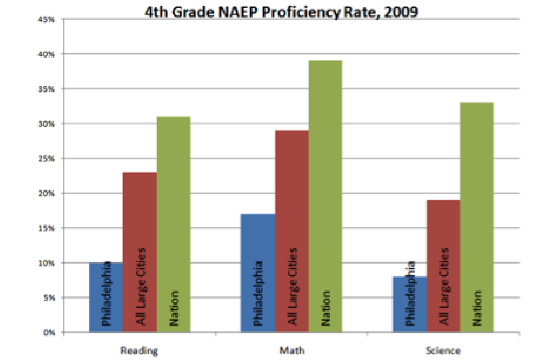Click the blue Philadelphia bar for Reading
pos(106,297)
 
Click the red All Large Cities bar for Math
pos(292,231)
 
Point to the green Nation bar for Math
pos(325,196)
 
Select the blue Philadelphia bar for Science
pos(409,304)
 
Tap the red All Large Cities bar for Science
pos(444,266)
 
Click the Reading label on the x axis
pos(140,350)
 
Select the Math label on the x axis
pos(292,350)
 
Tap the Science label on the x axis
pos(443,350)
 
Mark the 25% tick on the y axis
pos(49,158)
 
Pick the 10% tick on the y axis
pos(49,263)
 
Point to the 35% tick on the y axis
pos(49,89)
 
